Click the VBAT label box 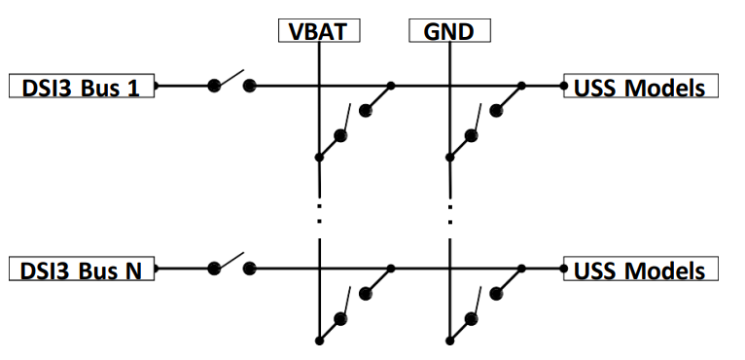point(319,31)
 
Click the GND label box point(449,31)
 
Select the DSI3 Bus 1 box point(82,86)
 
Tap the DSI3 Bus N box point(82,269)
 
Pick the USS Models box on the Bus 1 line point(641,86)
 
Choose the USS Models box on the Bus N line point(641,269)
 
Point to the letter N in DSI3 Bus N point(133,271)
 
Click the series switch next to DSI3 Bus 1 point(231,82)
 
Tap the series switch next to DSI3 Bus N point(231,265)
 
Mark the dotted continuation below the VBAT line point(319,213)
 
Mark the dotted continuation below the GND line point(450,213)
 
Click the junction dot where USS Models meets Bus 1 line point(564,86)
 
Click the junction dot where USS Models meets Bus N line point(564,269)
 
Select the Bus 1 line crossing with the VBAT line point(319,86)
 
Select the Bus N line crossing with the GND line point(449,269)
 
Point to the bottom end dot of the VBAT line point(319,341)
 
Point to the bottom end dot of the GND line point(449,341)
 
